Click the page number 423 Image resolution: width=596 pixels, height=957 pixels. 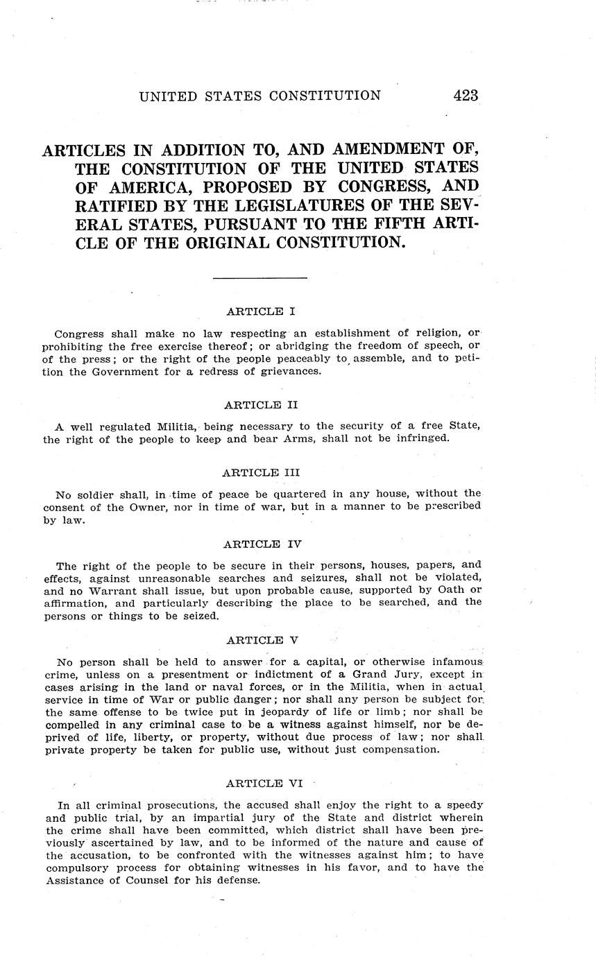tap(466, 96)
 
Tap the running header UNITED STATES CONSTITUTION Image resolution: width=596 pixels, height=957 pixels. tap(259, 96)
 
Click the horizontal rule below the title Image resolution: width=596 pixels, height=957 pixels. tap(260, 278)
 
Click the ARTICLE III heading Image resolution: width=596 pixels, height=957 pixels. tap(261, 472)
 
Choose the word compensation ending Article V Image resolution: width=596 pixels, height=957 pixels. tap(397, 750)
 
